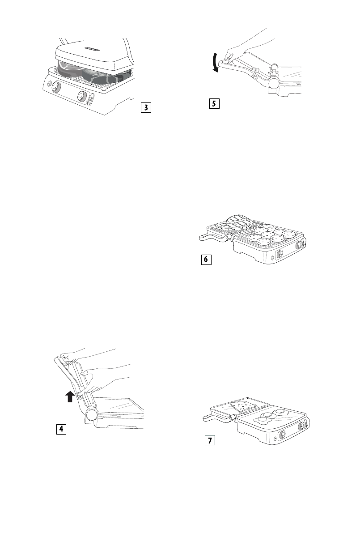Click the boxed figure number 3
click(144, 107)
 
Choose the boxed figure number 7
click(209, 441)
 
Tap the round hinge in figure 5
click(273, 83)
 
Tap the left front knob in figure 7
click(283, 434)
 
